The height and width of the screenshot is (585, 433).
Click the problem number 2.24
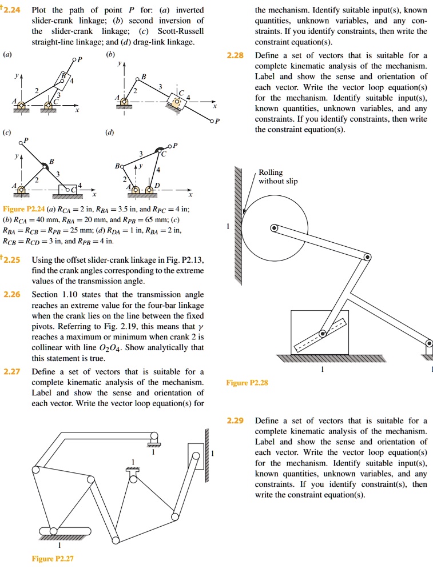(12, 10)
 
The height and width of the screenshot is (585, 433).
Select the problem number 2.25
(12, 259)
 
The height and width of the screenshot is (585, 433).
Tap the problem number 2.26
(12, 294)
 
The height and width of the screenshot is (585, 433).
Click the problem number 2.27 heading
(12, 371)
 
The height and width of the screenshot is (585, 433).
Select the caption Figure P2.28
(246, 382)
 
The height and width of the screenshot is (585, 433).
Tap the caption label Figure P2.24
(23, 209)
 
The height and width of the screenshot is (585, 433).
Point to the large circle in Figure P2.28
(276, 229)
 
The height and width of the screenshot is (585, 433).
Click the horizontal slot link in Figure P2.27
(65, 532)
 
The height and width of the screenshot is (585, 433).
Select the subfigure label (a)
(7, 55)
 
